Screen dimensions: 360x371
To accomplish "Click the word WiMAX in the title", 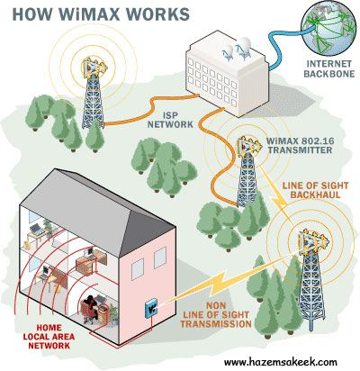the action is point(84,14).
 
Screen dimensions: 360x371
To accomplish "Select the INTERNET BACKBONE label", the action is point(328,68).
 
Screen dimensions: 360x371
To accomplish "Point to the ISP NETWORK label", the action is point(170,120).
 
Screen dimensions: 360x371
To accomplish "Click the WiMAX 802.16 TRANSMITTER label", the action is point(300,145).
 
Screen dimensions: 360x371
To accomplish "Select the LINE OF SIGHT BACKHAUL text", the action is point(315,190).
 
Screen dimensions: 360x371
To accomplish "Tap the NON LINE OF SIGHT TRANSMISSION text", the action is point(216,315).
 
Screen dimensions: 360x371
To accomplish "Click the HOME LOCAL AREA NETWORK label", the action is point(49,337).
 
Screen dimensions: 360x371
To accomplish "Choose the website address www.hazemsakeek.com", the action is point(281,362).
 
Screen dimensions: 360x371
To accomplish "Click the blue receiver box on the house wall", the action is point(150,308).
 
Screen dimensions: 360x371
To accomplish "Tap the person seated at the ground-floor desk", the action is point(91,308).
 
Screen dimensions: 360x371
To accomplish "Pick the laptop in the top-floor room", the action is point(37,230).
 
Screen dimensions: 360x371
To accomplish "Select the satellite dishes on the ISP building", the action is point(238,48).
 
